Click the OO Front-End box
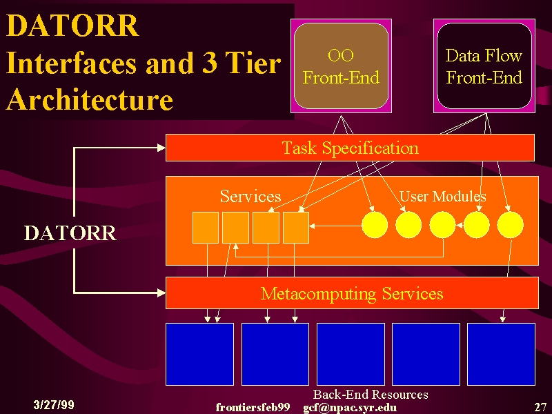pyautogui.click(x=341, y=66)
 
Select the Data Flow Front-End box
pyautogui.click(x=484, y=66)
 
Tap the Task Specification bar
pyautogui.click(x=350, y=148)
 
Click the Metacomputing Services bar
pyautogui.click(x=352, y=293)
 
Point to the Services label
pyautogui.click(x=250, y=196)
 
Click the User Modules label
pyautogui.click(x=442, y=196)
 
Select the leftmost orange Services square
pyautogui.click(x=206, y=228)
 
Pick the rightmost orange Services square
pyautogui.click(x=296, y=228)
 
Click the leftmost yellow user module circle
pyautogui.click(x=375, y=225)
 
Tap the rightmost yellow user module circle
pyautogui.click(x=510, y=225)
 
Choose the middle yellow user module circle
pyautogui.click(x=442, y=225)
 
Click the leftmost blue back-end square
pyautogui.click(x=199, y=354)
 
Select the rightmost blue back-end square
pyautogui.click(x=501, y=354)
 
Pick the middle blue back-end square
pyautogui.click(x=351, y=354)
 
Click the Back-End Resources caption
pyautogui.click(x=371, y=394)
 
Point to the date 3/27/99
pyautogui.click(x=54, y=404)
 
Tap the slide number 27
pyautogui.click(x=540, y=407)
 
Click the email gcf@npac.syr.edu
pyautogui.click(x=350, y=408)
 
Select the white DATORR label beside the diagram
pyautogui.click(x=70, y=233)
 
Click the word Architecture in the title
pyautogui.click(x=90, y=99)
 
